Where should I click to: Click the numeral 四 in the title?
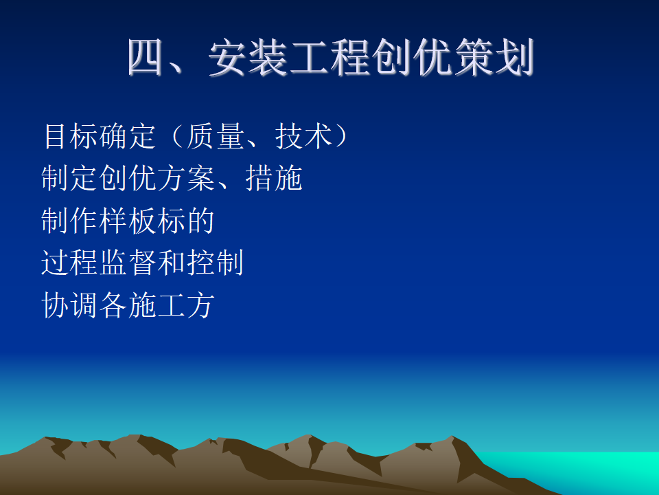point(146,57)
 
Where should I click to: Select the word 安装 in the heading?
point(248,57)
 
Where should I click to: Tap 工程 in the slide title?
point(330,57)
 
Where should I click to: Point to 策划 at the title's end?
point(494,57)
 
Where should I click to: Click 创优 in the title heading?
point(413,57)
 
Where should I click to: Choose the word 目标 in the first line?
point(71,136)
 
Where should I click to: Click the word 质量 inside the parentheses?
point(216,136)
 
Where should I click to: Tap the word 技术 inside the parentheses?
point(303,136)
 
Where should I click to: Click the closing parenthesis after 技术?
point(341,136)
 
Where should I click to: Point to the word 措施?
point(274,178)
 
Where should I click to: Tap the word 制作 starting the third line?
point(70,221)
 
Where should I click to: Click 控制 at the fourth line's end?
point(216,263)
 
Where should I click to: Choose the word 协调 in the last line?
point(70,305)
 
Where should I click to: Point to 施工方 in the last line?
point(172,305)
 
